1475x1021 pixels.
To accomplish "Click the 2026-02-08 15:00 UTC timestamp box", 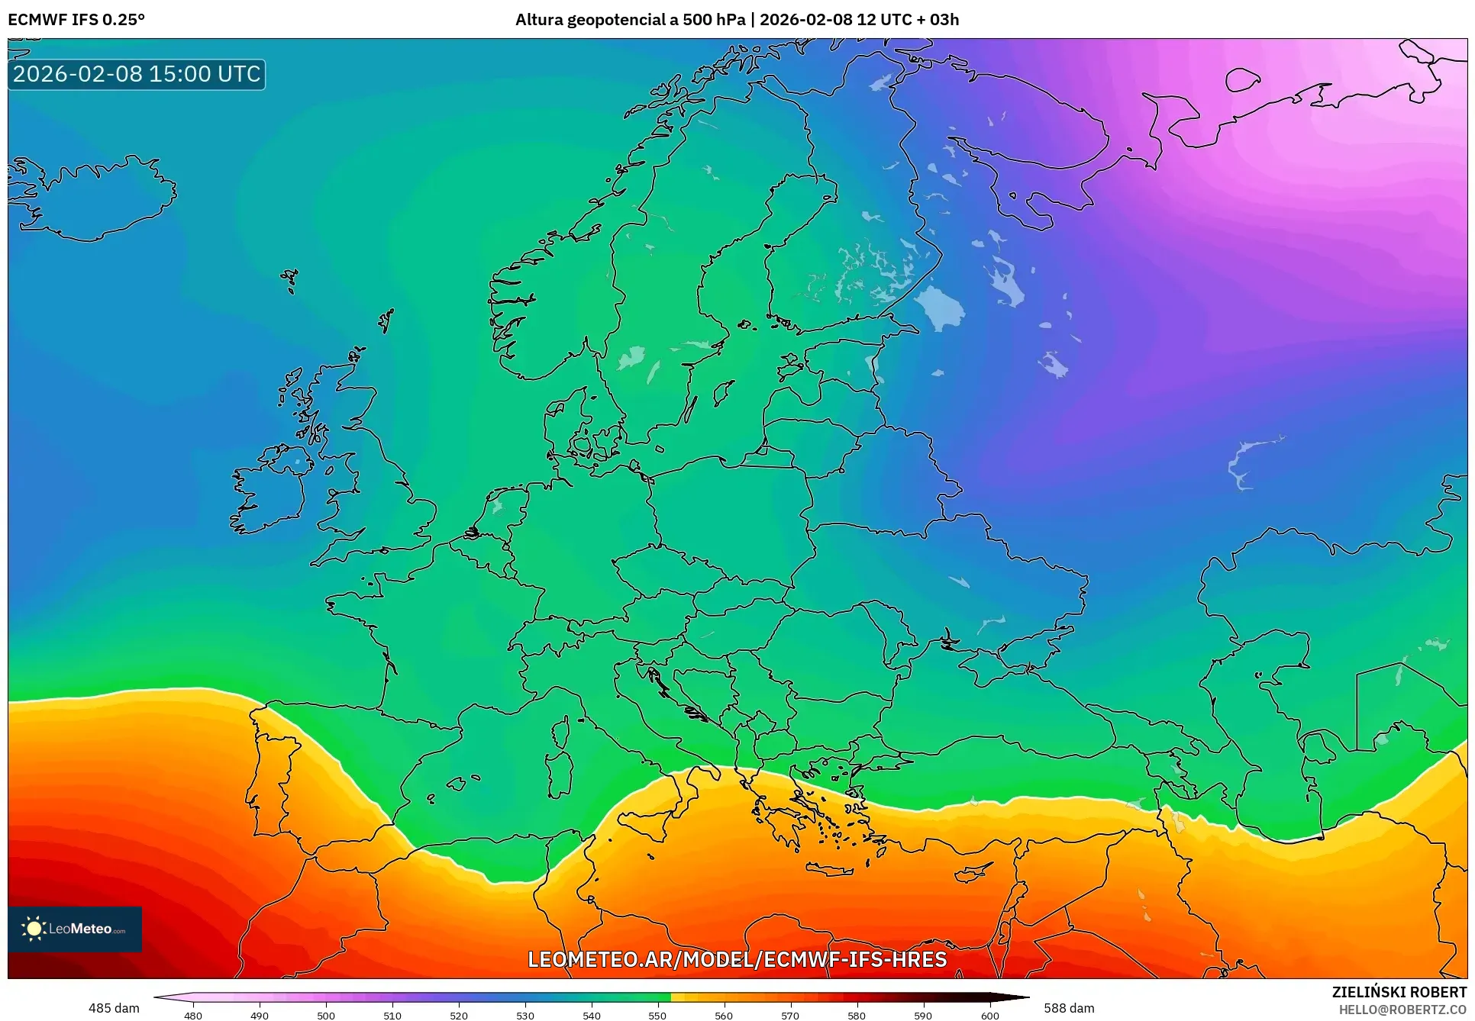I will [137, 74].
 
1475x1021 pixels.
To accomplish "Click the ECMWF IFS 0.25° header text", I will [76, 19].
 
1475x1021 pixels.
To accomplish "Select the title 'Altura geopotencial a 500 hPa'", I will [630, 19].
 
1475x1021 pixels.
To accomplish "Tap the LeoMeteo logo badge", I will [75, 929].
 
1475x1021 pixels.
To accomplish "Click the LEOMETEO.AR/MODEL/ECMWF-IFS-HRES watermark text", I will [737, 959].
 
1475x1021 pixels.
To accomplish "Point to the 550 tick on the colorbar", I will [657, 1015].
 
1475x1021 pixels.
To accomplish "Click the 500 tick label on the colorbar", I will [326, 1015].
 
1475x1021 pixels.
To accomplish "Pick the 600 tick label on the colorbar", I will [989, 1015].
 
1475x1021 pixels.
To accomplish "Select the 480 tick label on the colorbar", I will [193, 1015].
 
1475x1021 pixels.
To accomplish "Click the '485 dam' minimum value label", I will [114, 1008].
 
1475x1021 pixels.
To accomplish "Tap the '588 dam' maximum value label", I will [1069, 1008].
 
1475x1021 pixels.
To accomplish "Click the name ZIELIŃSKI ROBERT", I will [1399, 992].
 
